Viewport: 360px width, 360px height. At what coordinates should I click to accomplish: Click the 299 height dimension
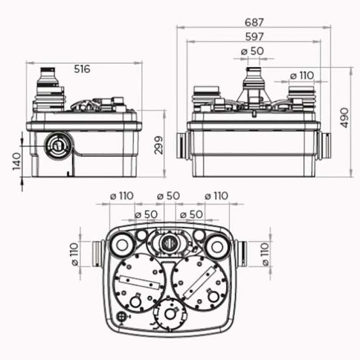pos(159,145)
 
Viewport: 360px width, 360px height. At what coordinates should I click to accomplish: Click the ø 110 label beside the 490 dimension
pos(302,75)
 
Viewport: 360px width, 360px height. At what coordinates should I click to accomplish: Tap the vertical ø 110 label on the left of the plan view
pos(75,254)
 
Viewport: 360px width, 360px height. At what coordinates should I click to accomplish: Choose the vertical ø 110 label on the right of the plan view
pos(265,254)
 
